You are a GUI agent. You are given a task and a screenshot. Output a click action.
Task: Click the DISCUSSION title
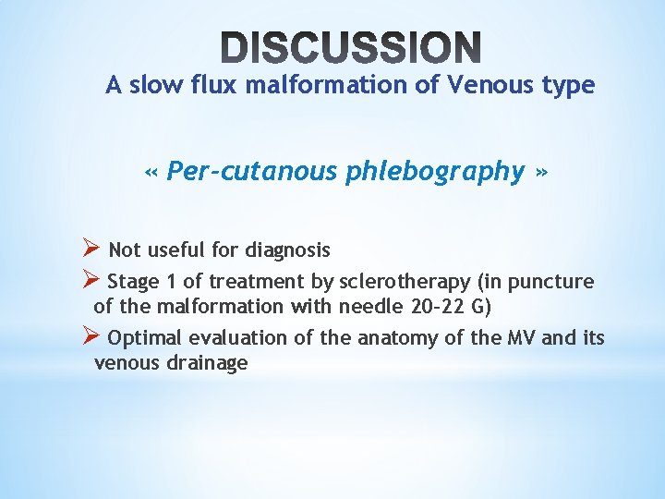[352, 47]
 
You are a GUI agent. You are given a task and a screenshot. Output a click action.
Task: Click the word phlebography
[435, 172]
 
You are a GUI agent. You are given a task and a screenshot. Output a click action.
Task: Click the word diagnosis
[287, 249]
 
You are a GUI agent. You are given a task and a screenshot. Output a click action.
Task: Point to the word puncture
[557, 282]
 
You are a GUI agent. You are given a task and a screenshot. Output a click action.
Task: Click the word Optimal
[145, 338]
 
